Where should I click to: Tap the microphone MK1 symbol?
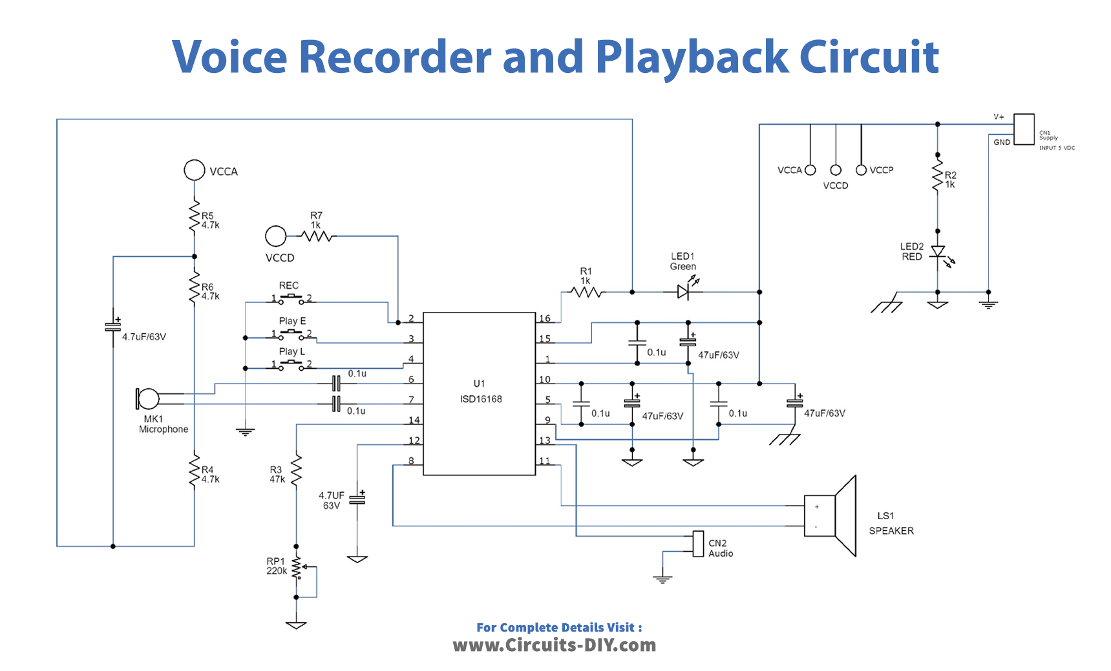147,399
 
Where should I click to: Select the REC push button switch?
291,298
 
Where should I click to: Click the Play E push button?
291,334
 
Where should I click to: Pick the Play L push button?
291,365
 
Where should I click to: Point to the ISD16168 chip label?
480,399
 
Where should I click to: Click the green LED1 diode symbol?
684,292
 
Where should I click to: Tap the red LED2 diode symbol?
937,253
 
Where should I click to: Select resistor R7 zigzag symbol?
317,236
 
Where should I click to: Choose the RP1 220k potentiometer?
297,568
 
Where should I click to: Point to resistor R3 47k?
297,471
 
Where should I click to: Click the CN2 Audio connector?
698,544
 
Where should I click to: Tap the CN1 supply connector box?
1024,129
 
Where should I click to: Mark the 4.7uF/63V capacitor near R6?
113,326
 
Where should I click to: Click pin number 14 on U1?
414,420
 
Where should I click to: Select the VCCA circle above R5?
195,170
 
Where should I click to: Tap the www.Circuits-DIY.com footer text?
555,645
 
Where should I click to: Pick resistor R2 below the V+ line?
937,176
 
